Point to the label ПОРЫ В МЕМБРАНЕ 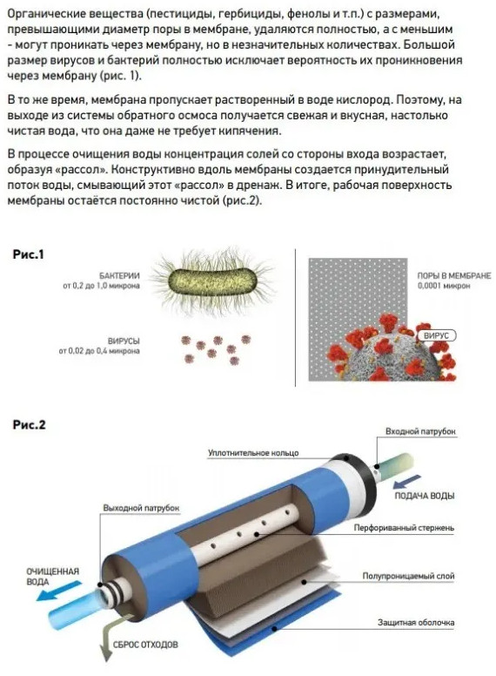453,275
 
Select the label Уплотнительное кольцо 252,453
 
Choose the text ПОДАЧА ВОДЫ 426,496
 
